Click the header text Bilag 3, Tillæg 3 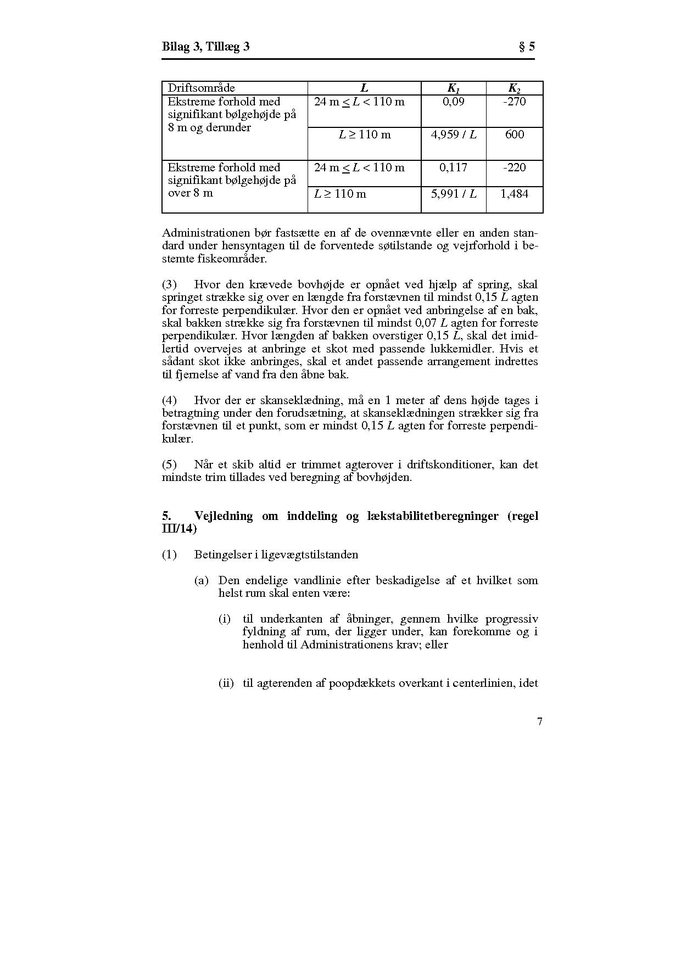click(x=205, y=47)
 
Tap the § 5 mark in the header click(x=527, y=47)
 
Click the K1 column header click(x=453, y=88)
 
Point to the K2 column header click(x=514, y=88)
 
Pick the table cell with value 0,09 click(x=453, y=102)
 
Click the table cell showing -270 click(x=514, y=102)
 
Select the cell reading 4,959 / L click(x=453, y=135)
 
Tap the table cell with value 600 click(x=514, y=135)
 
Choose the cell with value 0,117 click(x=453, y=167)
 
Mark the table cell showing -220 click(x=514, y=167)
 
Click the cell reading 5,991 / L click(x=453, y=194)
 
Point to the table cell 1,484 click(x=514, y=194)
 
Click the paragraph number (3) click(x=169, y=284)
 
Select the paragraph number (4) click(x=169, y=400)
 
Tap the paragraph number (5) click(x=169, y=464)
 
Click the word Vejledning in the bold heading click(x=224, y=516)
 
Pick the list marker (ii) click(x=226, y=684)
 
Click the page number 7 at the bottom click(x=539, y=722)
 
